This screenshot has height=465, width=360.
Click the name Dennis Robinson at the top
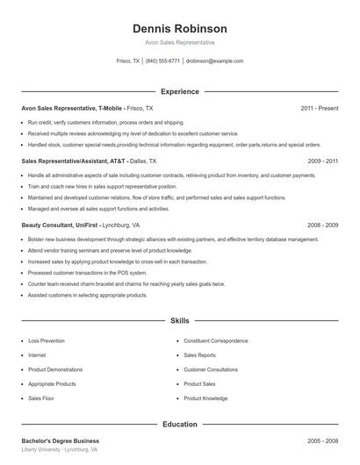tap(179, 28)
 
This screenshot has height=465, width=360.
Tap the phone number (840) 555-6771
tap(162, 61)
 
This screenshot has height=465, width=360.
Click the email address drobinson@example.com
tap(214, 61)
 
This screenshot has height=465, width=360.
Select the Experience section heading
tap(179, 91)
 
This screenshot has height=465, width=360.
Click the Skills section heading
tap(179, 322)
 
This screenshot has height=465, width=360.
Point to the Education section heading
tap(179, 425)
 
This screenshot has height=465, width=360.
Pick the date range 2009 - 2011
tap(322, 161)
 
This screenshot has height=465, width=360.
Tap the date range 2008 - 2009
tap(322, 225)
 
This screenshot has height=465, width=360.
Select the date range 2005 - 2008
tap(322, 440)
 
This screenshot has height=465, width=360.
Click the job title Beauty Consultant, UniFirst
tap(60, 225)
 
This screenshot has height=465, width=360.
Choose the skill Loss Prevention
tap(46, 340)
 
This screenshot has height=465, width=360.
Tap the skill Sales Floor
tap(40, 398)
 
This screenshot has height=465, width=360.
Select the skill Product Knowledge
tap(205, 398)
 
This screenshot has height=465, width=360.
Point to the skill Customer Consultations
tap(211, 369)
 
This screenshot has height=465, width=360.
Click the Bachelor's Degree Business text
tap(60, 440)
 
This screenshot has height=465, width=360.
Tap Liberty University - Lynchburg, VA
tap(59, 449)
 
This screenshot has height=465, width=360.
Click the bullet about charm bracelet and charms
tap(126, 284)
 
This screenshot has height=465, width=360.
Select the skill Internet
tap(37, 354)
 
